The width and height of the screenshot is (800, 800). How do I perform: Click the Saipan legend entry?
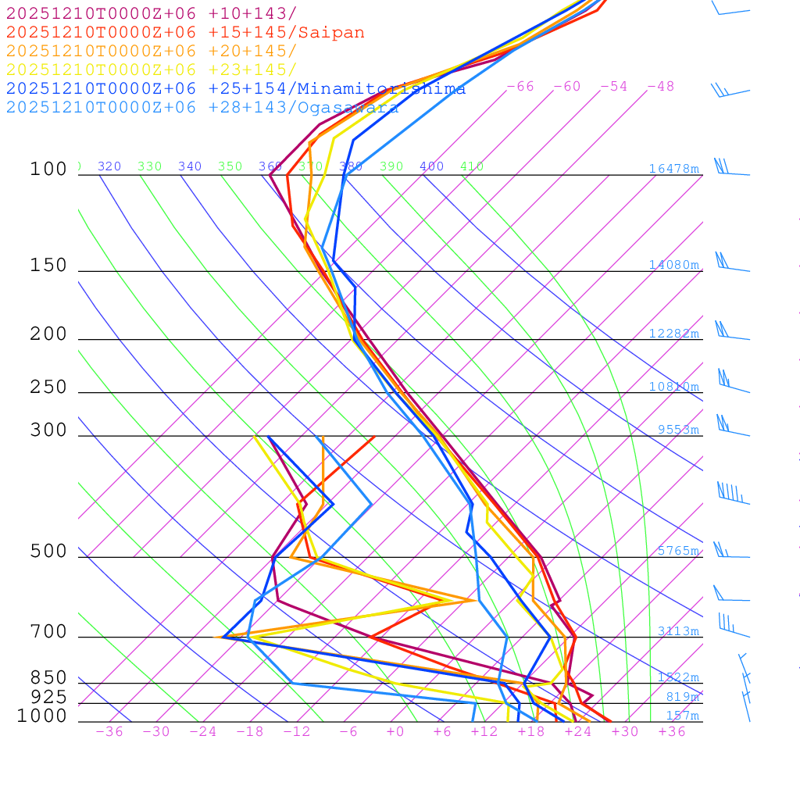click(185, 33)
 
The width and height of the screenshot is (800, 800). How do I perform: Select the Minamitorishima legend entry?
click(236, 89)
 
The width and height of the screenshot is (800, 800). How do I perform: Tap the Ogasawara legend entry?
click(202, 108)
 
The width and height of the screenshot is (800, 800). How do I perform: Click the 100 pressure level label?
click(48, 170)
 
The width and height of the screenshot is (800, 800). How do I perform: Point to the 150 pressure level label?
click(48, 266)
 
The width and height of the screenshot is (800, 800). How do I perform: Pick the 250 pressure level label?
click(48, 387)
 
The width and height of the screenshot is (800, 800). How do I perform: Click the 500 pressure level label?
click(48, 552)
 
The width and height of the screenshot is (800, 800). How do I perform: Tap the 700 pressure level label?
click(48, 632)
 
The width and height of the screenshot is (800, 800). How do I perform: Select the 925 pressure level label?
click(48, 696)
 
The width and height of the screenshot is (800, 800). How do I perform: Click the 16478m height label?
click(673, 169)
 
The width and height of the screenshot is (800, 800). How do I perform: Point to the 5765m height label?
click(677, 551)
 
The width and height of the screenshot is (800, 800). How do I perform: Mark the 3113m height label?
click(677, 631)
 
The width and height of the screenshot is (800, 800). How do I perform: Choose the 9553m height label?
click(677, 430)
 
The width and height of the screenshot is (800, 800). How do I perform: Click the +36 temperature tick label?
click(671, 732)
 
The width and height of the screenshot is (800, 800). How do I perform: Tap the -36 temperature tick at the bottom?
click(109, 732)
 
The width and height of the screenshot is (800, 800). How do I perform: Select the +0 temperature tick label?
click(395, 732)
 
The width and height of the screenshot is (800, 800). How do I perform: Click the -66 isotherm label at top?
click(520, 87)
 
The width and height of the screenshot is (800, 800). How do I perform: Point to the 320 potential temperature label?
click(109, 166)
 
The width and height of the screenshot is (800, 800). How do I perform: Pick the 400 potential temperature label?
click(431, 166)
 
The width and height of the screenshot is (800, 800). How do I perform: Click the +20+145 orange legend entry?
click(152, 52)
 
